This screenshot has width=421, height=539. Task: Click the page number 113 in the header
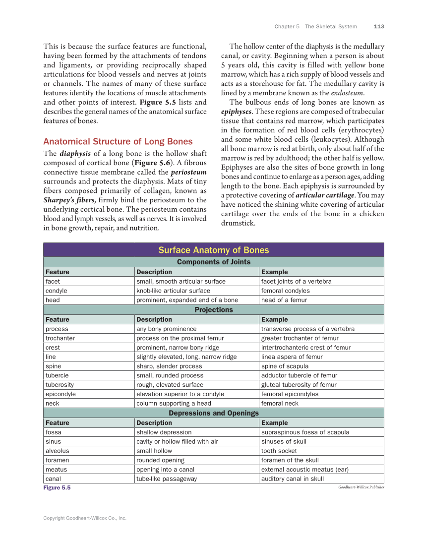tap(379, 26)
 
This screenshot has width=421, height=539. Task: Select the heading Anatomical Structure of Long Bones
tap(118, 141)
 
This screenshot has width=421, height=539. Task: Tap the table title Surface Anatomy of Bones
tap(213, 250)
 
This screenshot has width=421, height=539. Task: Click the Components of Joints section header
tap(213, 262)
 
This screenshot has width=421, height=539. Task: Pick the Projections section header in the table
tap(213, 309)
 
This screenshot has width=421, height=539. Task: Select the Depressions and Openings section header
tap(213, 413)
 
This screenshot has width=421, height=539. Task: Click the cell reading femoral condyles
tap(285, 291)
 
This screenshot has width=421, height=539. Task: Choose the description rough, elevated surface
tap(170, 384)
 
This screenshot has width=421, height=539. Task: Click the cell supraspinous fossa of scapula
tap(305, 432)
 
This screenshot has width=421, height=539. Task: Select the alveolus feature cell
tap(57, 451)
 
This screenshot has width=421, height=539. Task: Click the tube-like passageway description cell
tap(167, 479)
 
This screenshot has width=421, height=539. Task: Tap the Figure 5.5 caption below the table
tap(57, 488)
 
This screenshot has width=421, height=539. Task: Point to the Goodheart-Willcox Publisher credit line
tap(361, 487)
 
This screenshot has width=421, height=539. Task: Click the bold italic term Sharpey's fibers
tap(68, 200)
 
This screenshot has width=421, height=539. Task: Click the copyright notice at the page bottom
tap(84, 518)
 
